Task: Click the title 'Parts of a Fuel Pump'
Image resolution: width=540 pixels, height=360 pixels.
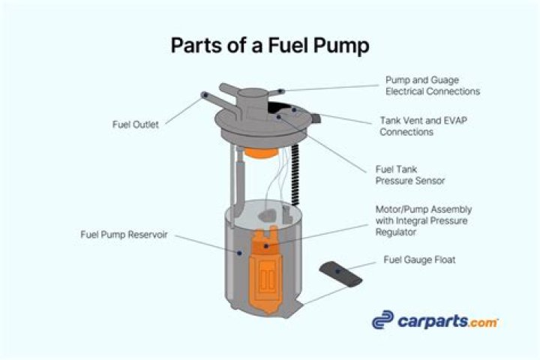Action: (x=270, y=46)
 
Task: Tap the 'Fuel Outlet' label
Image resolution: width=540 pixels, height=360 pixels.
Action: (x=134, y=125)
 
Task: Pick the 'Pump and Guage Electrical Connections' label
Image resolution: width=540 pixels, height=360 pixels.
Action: (x=432, y=85)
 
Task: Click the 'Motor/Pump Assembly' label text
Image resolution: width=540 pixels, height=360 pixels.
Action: (x=423, y=209)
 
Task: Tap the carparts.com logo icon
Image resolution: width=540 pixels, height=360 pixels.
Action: (x=383, y=320)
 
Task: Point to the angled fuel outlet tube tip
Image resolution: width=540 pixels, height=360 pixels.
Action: (x=205, y=95)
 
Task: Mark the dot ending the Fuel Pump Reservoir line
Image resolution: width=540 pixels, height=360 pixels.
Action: (x=238, y=253)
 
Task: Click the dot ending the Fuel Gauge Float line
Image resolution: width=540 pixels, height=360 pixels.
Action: (x=336, y=269)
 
